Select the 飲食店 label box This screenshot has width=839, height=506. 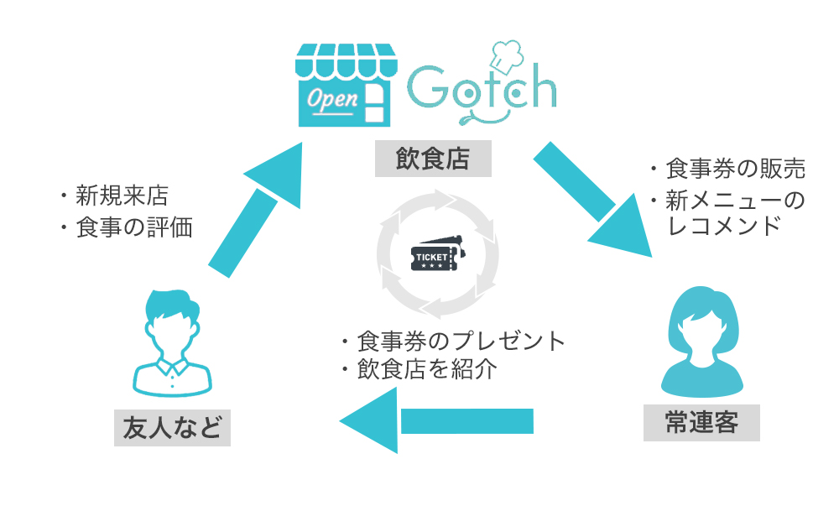point(432,159)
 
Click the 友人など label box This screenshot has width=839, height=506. point(172,428)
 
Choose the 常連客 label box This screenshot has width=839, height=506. point(703,422)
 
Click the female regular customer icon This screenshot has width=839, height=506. point(701,341)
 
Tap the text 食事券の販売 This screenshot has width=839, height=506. point(735,170)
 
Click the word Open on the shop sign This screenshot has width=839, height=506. point(332,99)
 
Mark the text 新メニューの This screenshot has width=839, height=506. point(735,200)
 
